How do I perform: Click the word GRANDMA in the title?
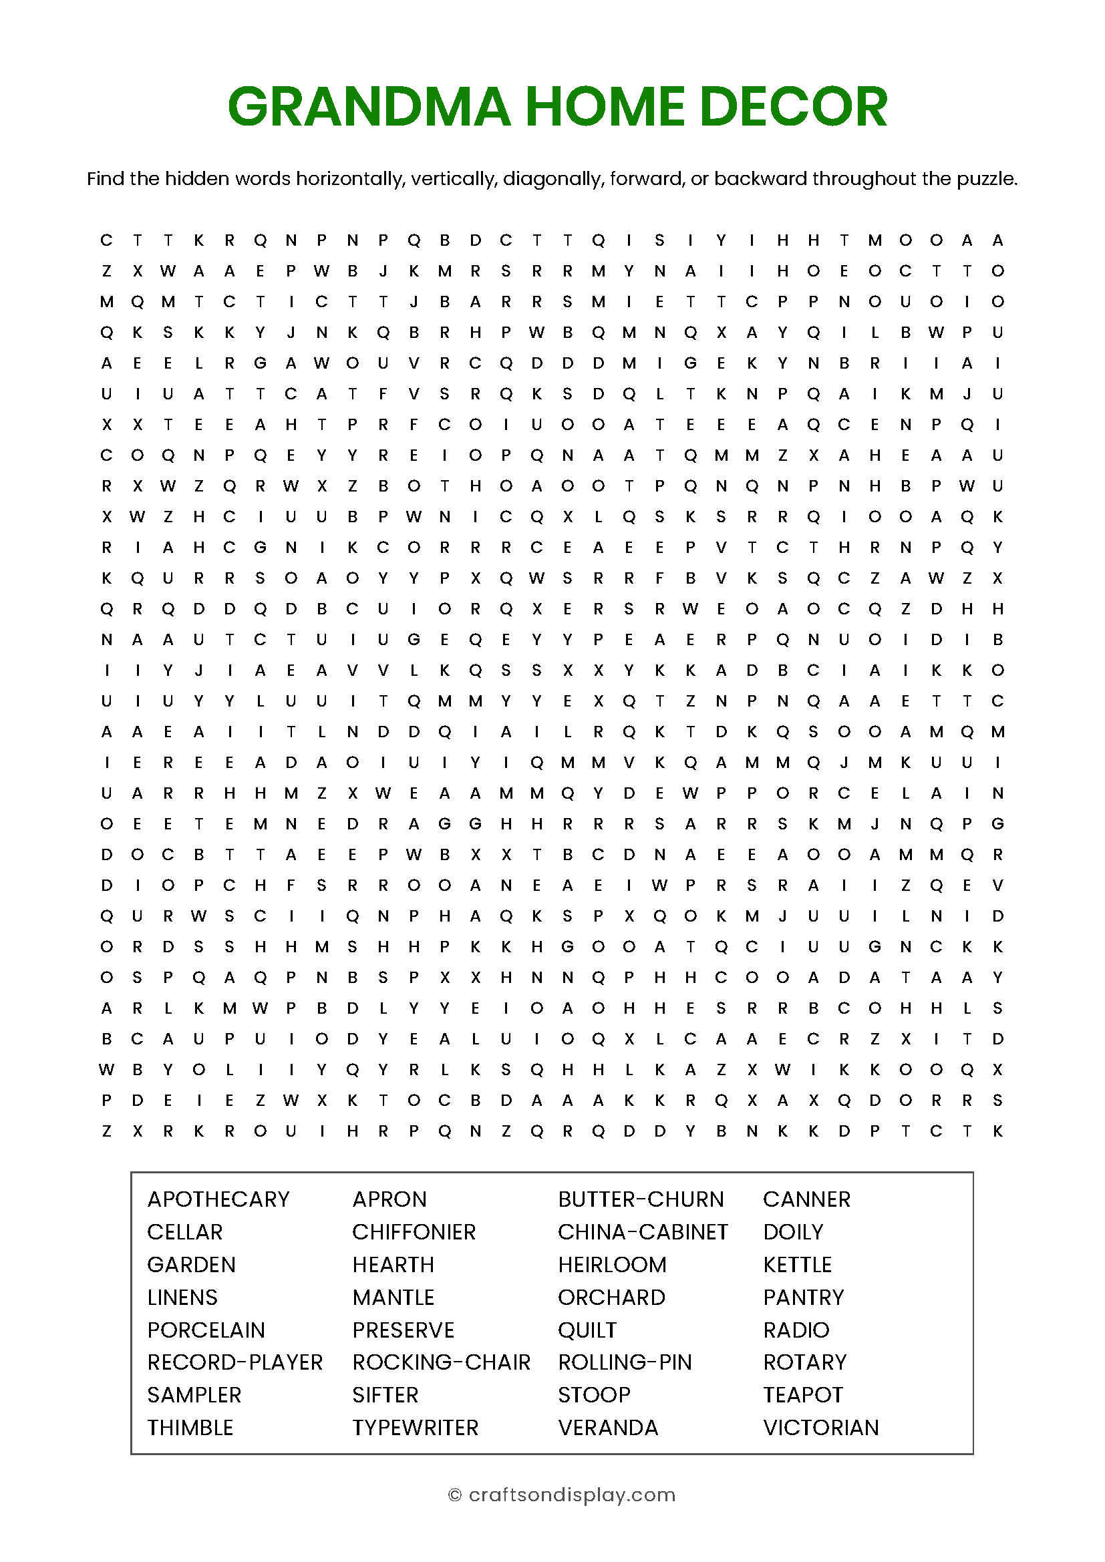click(369, 107)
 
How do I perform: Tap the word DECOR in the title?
click(794, 107)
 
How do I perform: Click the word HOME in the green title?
click(605, 107)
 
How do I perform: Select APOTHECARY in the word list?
click(218, 1199)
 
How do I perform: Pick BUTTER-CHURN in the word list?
click(640, 1199)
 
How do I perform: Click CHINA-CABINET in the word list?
click(642, 1232)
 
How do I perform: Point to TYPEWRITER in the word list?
click(415, 1428)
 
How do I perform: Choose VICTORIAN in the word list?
click(820, 1428)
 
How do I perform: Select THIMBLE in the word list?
click(190, 1428)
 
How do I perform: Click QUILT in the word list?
click(587, 1330)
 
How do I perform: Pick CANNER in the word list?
click(806, 1199)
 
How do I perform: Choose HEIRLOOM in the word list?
click(612, 1265)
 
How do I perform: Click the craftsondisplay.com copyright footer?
click(562, 1495)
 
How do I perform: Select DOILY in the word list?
click(793, 1232)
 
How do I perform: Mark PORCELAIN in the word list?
click(206, 1330)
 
